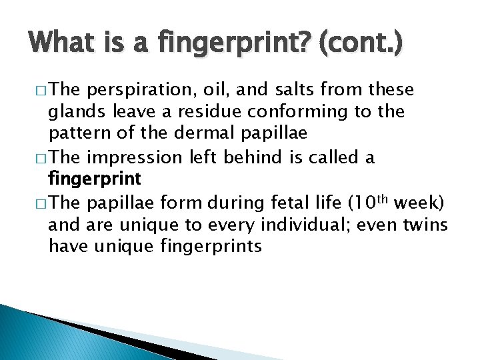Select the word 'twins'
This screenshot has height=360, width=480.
(x=425, y=225)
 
